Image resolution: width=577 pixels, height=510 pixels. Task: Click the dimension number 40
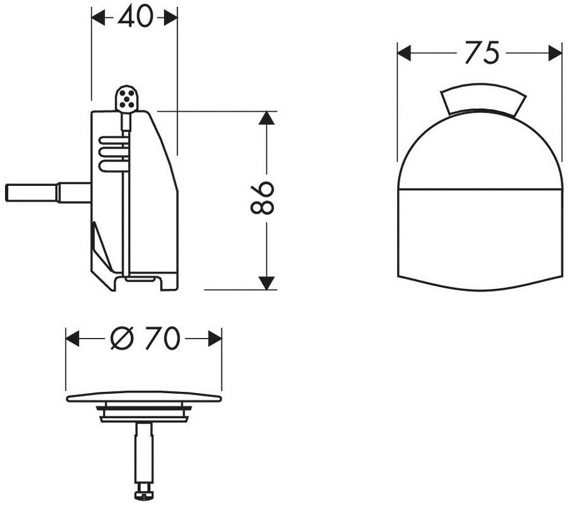[135, 16]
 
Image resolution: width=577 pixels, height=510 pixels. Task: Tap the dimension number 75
[481, 53]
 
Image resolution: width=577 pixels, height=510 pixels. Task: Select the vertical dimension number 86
[262, 197]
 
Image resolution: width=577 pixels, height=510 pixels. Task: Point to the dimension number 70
[162, 339]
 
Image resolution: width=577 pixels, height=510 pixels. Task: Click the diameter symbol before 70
[121, 339]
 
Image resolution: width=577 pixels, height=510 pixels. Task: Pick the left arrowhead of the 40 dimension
[98, 18]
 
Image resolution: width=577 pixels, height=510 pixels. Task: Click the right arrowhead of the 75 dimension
[555, 53]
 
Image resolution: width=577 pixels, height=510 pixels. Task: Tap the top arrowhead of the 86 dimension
[267, 118]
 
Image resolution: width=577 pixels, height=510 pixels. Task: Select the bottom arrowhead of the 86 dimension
[267, 283]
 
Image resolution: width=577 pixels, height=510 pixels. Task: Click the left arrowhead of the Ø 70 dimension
[72, 339]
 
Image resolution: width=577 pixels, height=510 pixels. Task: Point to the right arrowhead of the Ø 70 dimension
[214, 339]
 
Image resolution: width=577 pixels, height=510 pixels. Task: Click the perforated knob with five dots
[127, 98]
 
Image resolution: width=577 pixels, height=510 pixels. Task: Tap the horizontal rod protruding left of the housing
[48, 193]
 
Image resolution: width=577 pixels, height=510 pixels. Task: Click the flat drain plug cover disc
[144, 398]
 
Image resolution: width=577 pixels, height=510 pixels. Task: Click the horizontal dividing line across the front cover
[480, 189]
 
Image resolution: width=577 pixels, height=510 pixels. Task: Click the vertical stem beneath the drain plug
[143, 453]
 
